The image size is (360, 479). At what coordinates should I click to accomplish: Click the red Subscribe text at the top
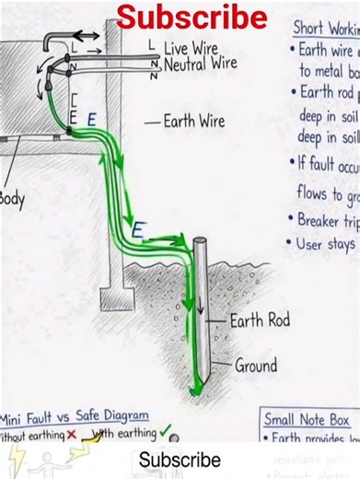pos(192,17)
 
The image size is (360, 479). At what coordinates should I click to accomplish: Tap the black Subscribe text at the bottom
pos(180,459)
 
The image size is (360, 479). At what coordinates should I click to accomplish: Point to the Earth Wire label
pos(196,121)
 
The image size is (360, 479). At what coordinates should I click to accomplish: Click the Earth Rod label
pos(259,321)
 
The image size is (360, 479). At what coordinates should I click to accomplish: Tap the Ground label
pos(255,365)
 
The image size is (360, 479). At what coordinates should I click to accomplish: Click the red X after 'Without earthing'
pos(71,434)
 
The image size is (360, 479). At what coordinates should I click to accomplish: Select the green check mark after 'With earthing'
pos(165,430)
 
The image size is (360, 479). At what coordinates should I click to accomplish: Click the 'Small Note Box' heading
pos(312,419)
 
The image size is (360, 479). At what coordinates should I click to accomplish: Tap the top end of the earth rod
pos(200,243)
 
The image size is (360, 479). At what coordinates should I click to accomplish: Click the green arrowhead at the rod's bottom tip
pos(195,390)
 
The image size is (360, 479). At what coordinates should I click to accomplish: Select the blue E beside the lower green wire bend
pos(137,229)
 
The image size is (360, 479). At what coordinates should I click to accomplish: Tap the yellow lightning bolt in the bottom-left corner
pos(16,461)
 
